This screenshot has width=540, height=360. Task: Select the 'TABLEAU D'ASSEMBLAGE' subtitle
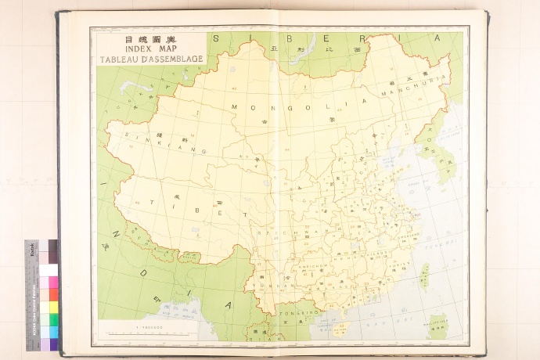(x=148, y=59)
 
